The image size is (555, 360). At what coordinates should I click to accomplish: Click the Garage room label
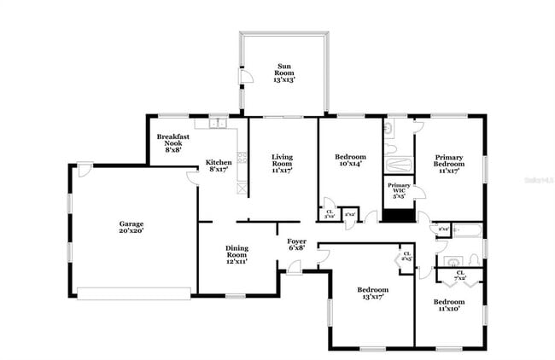[131, 226]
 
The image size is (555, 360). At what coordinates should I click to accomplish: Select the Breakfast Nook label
[173, 142]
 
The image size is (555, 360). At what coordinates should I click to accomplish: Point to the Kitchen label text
[219, 165]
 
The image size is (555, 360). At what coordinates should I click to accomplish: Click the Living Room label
[283, 163]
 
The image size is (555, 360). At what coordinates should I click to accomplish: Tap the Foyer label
[296, 245]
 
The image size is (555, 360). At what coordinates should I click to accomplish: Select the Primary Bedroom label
[449, 163]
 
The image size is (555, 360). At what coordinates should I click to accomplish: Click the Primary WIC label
[399, 190]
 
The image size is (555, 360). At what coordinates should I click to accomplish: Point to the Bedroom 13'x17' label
[372, 294]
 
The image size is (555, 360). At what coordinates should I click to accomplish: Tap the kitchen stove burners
[242, 158]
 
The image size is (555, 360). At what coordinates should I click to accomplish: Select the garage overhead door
[134, 293]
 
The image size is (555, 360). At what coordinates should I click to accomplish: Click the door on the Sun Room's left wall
[245, 77]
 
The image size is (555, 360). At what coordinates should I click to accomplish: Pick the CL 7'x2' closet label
[460, 275]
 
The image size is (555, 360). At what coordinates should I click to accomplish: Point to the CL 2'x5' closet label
[406, 256]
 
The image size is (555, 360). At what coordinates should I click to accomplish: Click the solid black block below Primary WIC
[397, 213]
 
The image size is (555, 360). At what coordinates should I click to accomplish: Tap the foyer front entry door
[295, 268]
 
